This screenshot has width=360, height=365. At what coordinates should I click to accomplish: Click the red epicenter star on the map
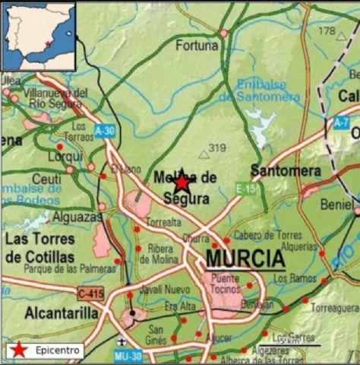[182, 182]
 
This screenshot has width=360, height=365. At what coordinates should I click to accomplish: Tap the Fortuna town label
[197, 46]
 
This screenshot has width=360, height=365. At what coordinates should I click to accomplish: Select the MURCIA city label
[245, 260]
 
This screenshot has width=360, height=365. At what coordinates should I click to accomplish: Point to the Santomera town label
[285, 171]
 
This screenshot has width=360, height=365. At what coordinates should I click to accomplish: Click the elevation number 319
[217, 148]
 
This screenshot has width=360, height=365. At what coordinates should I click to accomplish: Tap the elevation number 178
[327, 31]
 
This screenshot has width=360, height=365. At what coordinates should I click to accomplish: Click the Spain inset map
[39, 34]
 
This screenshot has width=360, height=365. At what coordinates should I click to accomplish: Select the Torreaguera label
[333, 308]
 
